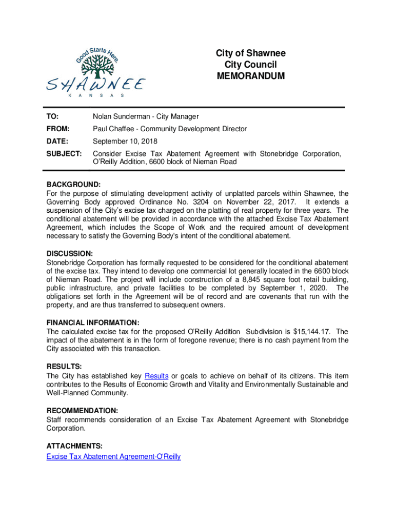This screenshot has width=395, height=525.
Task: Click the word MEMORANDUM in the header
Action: tap(250, 76)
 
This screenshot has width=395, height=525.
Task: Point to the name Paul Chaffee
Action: tap(115, 129)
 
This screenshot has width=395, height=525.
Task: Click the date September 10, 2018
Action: tap(125, 142)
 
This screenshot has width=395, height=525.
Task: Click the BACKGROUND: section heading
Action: tap(73, 184)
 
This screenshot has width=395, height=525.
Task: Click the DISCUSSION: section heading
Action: tap(70, 254)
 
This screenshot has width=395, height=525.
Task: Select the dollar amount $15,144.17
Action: tap(314, 332)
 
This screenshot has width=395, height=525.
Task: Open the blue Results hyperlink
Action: tap(156, 376)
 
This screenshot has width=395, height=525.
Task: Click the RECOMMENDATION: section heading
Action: tap(82, 411)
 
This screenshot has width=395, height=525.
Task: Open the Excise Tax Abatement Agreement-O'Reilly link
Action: tap(113, 456)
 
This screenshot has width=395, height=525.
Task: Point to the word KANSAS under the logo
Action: tap(96, 96)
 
